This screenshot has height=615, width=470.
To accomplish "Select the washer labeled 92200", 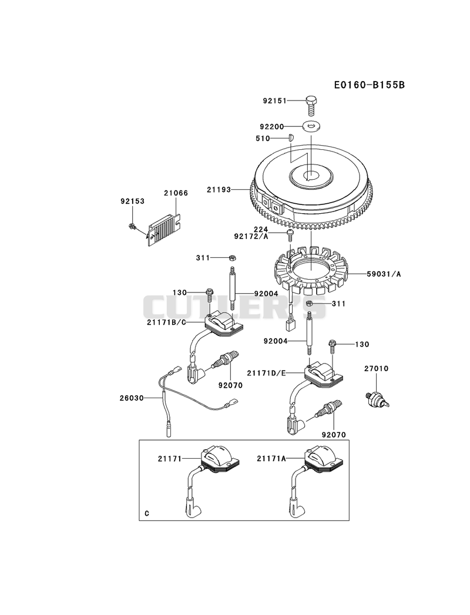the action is point(311,126).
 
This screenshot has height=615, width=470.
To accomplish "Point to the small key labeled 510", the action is point(290,137).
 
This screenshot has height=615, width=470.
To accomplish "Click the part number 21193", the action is point(219,190).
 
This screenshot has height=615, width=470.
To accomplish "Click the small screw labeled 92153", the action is point(132,226).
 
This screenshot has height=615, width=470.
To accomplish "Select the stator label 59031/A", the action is point(384,274).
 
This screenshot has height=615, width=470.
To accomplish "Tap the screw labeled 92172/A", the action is point(290,235).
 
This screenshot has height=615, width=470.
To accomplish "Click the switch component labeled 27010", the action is point(375,399).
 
